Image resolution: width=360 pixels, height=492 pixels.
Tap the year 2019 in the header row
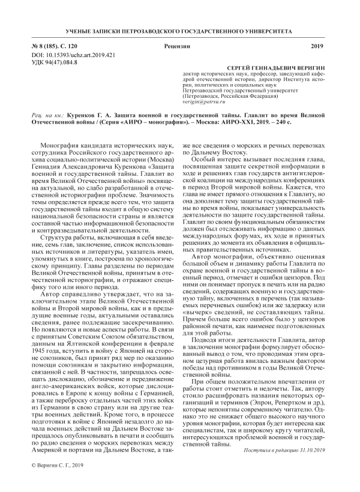(317, 46)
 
